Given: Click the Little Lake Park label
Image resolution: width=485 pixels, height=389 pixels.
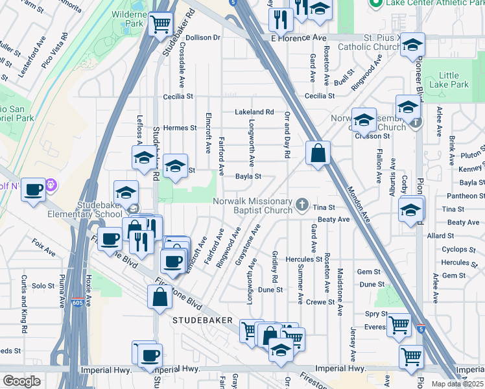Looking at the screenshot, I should [453, 80].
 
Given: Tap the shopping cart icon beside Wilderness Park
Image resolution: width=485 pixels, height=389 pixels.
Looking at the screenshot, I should [160, 25].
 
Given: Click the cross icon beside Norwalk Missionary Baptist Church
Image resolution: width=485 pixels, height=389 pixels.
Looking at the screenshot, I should [302, 205].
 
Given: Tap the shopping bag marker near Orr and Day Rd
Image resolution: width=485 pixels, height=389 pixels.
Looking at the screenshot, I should [318, 154].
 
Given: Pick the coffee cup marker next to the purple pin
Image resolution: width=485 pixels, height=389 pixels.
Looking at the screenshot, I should [34, 190].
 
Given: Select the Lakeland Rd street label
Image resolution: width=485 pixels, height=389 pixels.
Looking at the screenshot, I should [255, 112].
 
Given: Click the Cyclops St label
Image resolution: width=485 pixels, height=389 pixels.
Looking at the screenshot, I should [455, 250].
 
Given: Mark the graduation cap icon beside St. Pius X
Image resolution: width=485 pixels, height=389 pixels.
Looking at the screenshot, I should [411, 46].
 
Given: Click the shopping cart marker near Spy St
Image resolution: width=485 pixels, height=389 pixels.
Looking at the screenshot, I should [399, 324].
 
